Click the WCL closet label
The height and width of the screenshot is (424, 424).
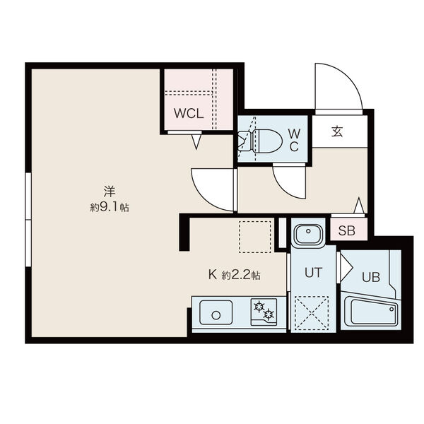coord(189,114)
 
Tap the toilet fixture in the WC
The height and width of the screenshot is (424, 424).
coord(260,141)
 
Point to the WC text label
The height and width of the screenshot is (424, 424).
coord(294,141)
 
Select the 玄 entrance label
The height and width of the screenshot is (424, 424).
coord(337,131)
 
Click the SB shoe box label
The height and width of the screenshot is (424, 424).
coord(347,230)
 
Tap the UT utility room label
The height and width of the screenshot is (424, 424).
coord(313,272)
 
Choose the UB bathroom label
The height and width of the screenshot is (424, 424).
coord(371,277)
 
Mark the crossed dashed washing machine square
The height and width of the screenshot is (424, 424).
coord(312,313)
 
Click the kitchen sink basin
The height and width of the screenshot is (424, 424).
coord(216,312)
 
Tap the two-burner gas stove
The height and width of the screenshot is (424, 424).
coord(264,312)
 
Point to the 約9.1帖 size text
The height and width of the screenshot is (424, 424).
coord(110,207)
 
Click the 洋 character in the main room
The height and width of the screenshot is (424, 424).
coord(110,192)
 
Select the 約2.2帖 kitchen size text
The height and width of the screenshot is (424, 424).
coord(241,276)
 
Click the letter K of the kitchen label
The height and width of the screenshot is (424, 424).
coord(213,275)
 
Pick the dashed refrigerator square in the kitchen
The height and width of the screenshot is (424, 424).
coord(255,237)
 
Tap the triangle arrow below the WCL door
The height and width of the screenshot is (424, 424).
coord(196,142)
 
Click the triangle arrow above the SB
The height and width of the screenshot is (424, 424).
coord(359,205)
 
